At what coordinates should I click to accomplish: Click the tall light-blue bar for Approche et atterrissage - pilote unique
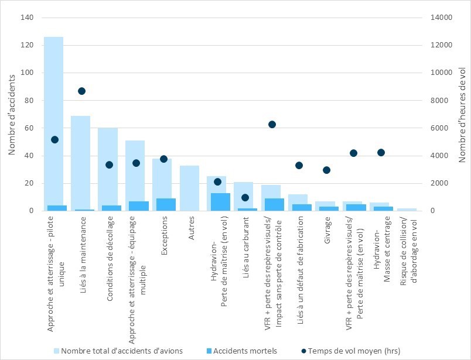[54, 117]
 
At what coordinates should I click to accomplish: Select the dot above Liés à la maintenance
[81, 91]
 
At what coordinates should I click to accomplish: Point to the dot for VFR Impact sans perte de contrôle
[272, 124]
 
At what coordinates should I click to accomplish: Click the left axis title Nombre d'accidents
[12, 114]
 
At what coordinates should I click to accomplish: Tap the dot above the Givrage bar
[326, 170]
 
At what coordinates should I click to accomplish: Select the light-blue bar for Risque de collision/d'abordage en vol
[407, 209]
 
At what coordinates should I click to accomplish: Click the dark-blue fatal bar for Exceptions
[166, 204]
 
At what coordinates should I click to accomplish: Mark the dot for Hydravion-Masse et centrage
[381, 152]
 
